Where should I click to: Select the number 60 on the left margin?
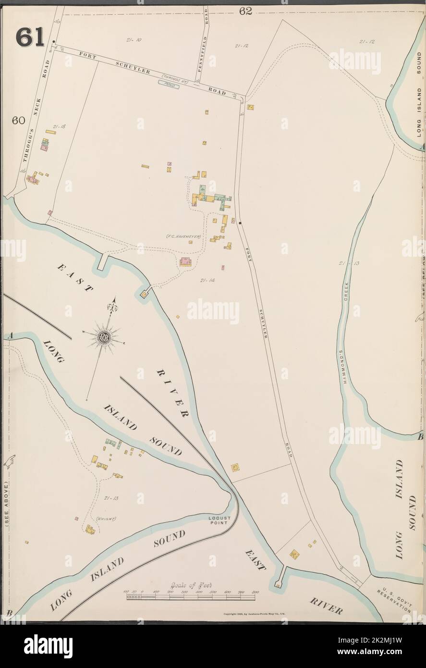(x=19, y=121)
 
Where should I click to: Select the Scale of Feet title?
(x=191, y=585)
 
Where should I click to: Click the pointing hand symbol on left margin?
(x=8, y=461)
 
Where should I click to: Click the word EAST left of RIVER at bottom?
(x=255, y=559)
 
